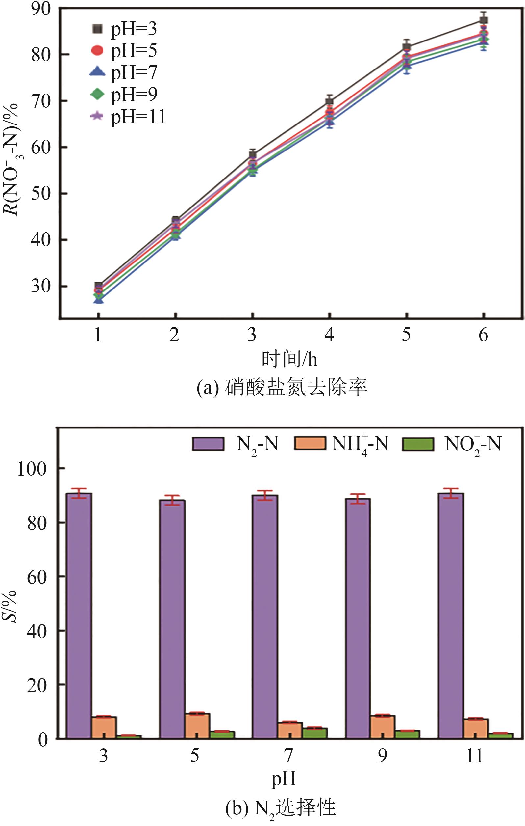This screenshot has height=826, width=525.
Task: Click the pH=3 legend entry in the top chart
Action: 123,29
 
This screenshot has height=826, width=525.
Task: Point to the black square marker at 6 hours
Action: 483,20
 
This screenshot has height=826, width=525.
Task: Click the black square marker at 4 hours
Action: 329,101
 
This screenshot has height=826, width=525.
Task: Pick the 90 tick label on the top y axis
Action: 40,9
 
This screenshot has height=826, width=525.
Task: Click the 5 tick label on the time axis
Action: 406,334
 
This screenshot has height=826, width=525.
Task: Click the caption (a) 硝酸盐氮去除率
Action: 282,388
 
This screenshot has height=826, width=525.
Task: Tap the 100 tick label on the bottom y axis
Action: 32,469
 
